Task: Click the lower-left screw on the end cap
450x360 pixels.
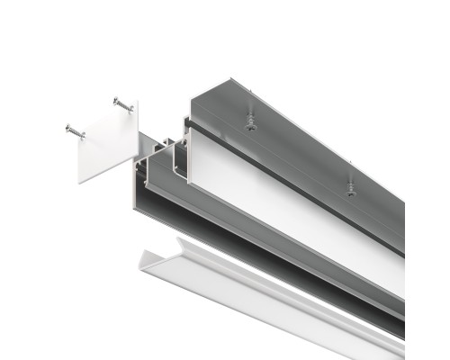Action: click(75, 132)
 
